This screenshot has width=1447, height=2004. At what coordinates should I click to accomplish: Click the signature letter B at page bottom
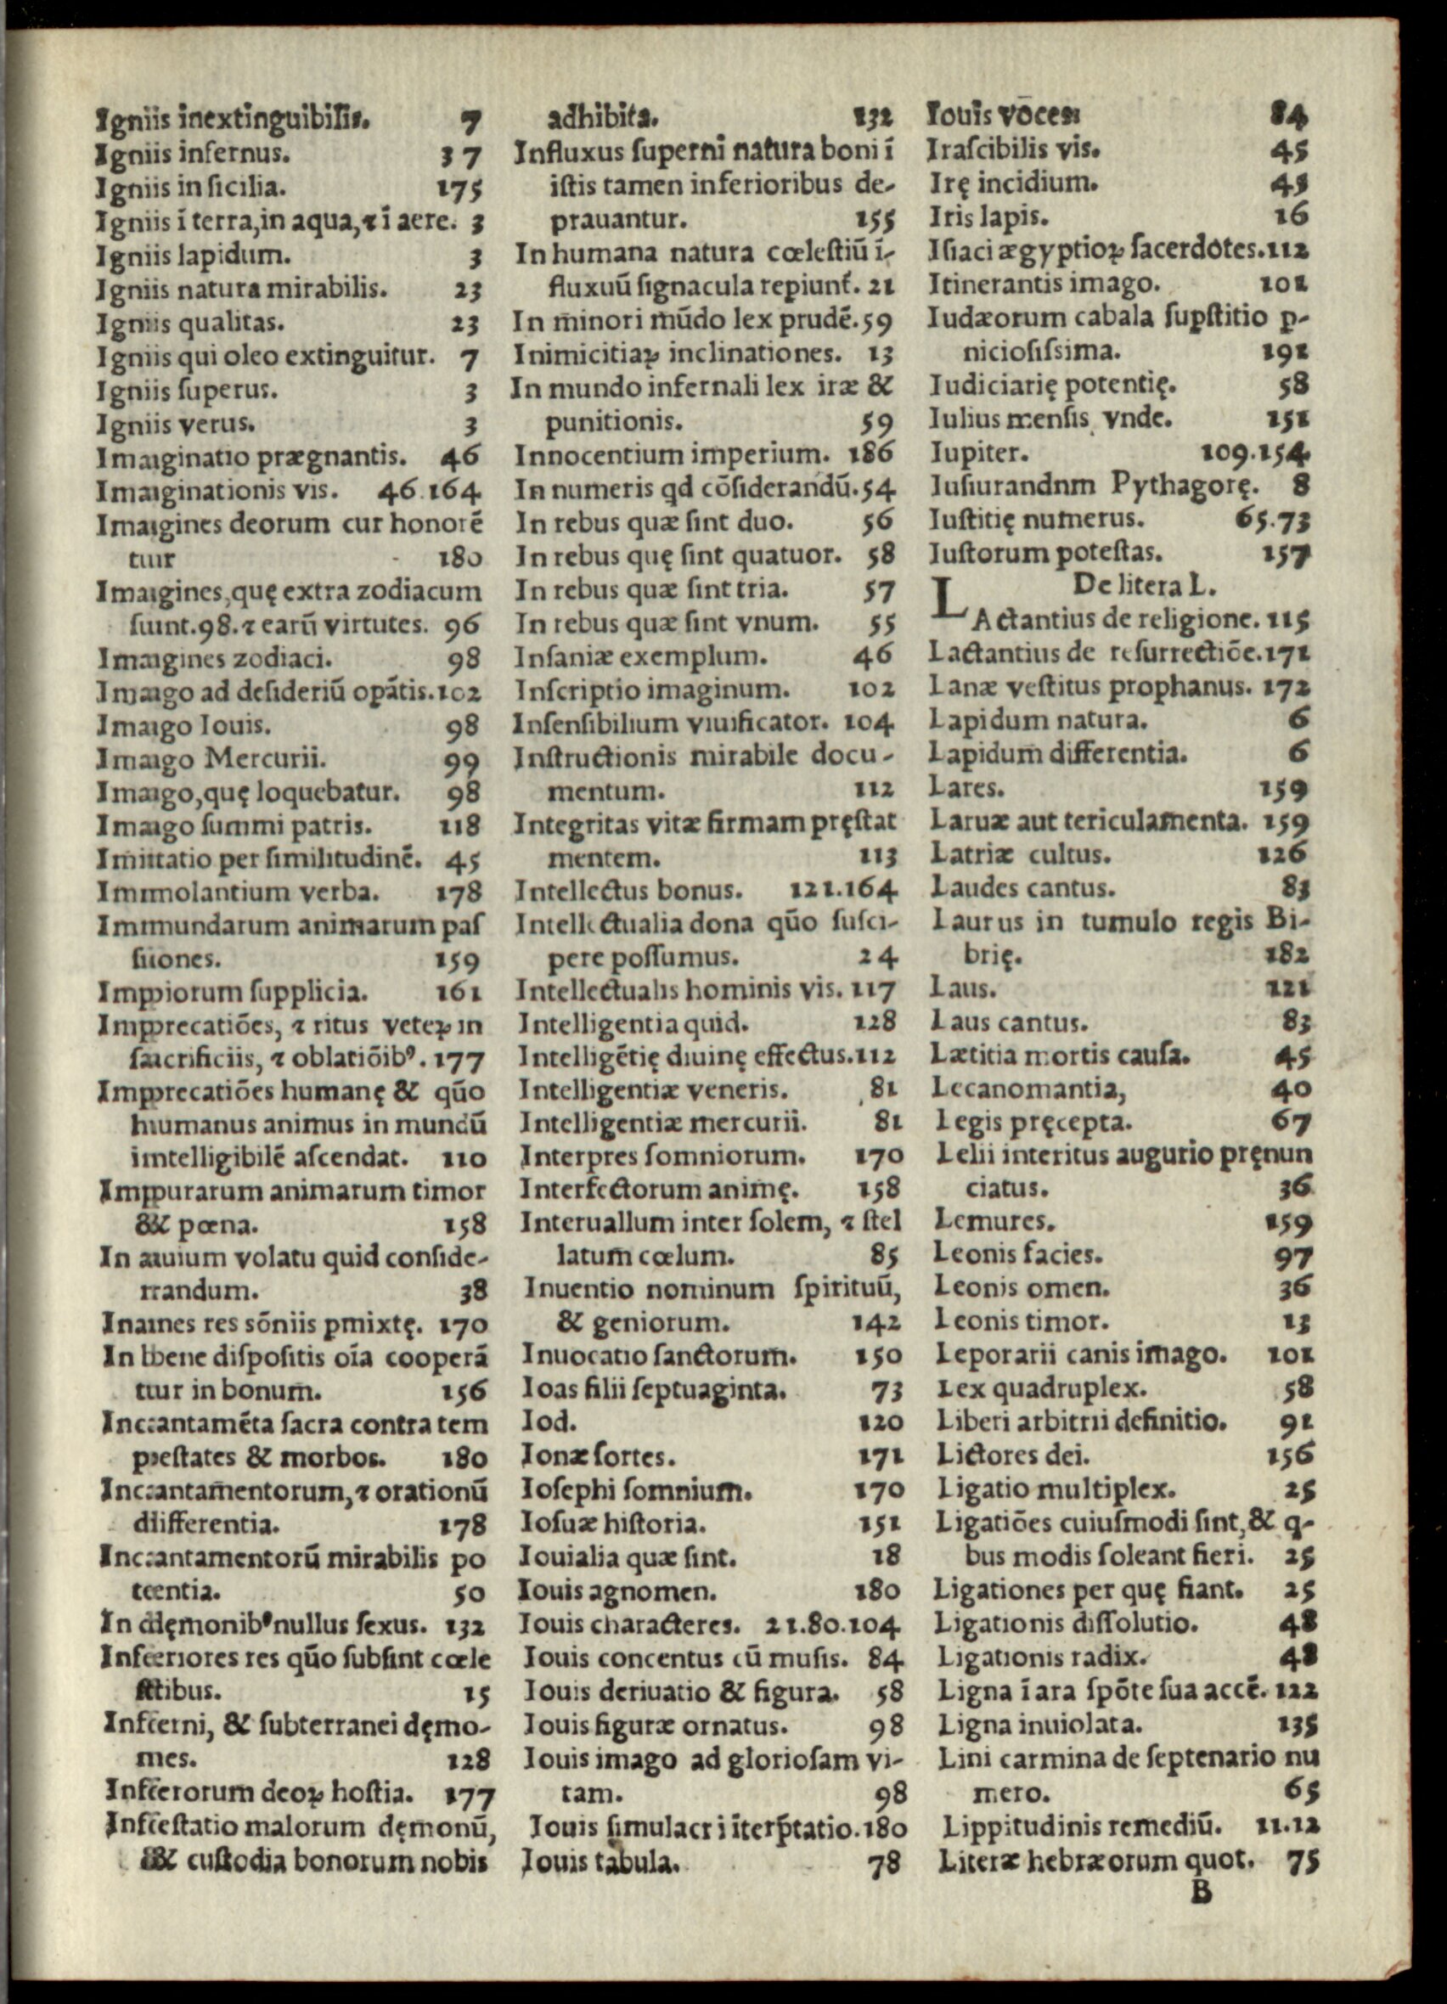1202,1892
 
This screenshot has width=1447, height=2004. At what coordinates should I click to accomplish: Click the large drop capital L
948,602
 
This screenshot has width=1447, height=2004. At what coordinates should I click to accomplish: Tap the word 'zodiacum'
425,589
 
